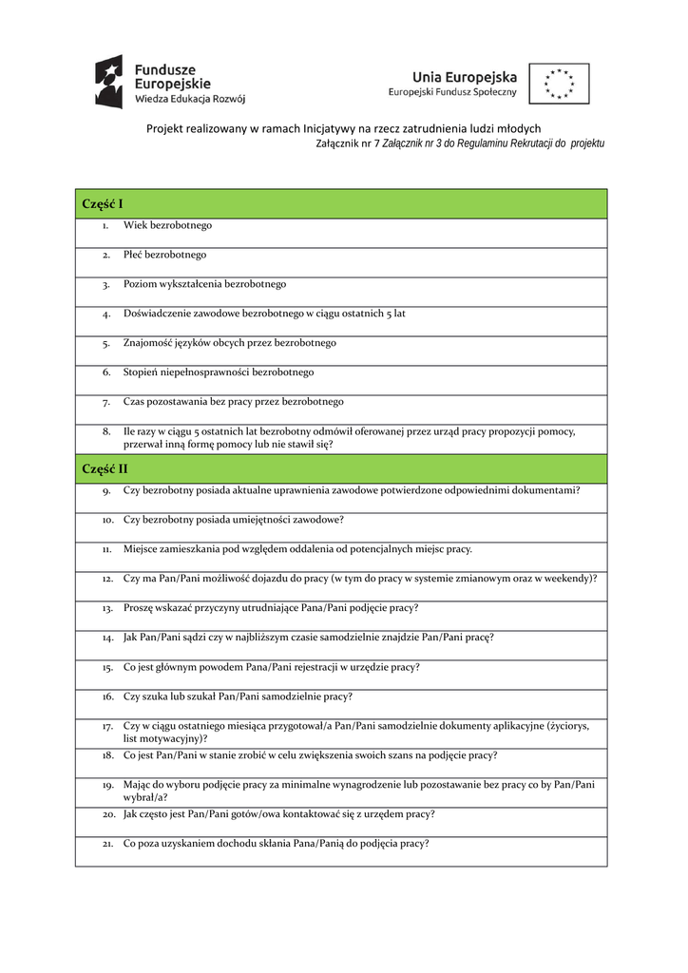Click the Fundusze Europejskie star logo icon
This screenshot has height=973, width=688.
[108, 82]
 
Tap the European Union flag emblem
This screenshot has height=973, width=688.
[559, 84]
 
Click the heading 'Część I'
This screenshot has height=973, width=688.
[103, 203]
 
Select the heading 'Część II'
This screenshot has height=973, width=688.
[105, 468]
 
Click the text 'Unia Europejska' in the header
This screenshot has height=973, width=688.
[465, 77]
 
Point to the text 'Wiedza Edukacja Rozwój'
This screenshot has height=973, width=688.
[190, 99]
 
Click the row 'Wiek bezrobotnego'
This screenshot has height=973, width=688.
[168, 226]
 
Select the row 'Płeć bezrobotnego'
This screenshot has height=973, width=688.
[165, 255]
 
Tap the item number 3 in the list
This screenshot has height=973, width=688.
[107, 284]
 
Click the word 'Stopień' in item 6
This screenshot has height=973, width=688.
[141, 372]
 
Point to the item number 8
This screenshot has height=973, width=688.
[107, 431]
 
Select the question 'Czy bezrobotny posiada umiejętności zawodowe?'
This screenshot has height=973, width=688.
[234, 520]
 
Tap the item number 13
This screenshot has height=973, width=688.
[107, 608]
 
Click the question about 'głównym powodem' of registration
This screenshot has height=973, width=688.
[272, 667]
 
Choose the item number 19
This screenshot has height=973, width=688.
[107, 785]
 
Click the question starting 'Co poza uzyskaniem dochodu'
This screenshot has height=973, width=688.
[277, 843]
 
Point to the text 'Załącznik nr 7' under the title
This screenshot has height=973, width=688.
[347, 143]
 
